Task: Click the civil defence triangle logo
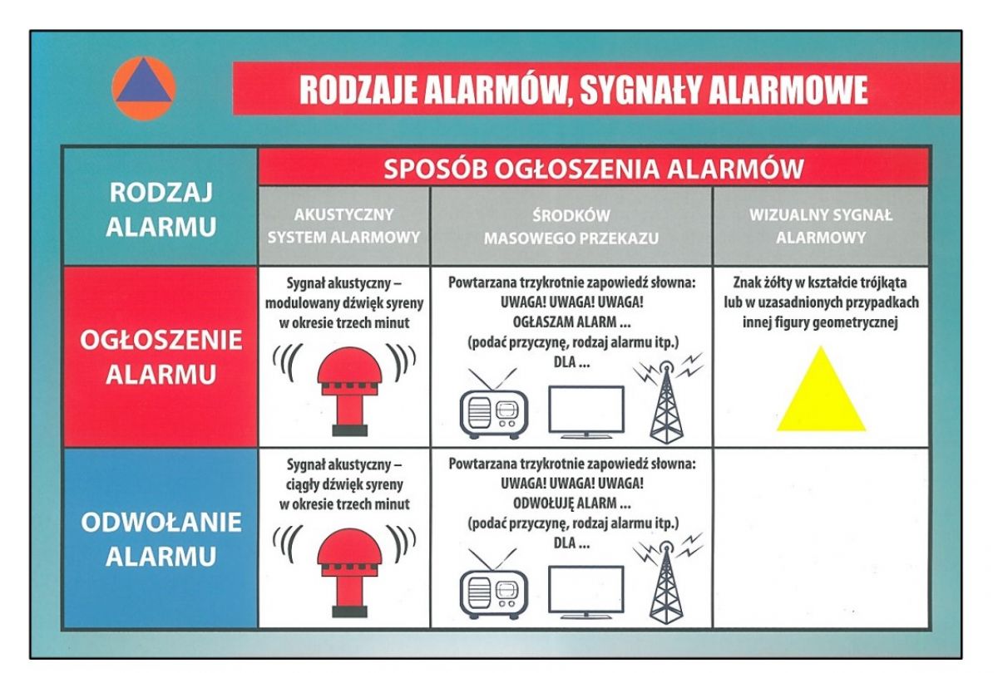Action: click(143, 88)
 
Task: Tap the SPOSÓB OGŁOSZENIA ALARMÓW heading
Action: click(594, 169)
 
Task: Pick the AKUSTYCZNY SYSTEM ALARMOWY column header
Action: click(344, 226)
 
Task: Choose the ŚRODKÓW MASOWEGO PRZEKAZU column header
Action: click(571, 227)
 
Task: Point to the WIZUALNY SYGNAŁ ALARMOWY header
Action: click(821, 226)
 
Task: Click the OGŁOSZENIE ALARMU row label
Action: click(161, 356)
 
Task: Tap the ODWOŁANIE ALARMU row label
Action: click(161, 538)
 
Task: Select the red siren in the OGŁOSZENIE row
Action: click(350, 391)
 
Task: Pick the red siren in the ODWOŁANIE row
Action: click(350, 572)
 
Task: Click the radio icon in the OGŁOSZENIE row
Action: click(494, 403)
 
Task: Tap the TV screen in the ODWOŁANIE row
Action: click(585, 592)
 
